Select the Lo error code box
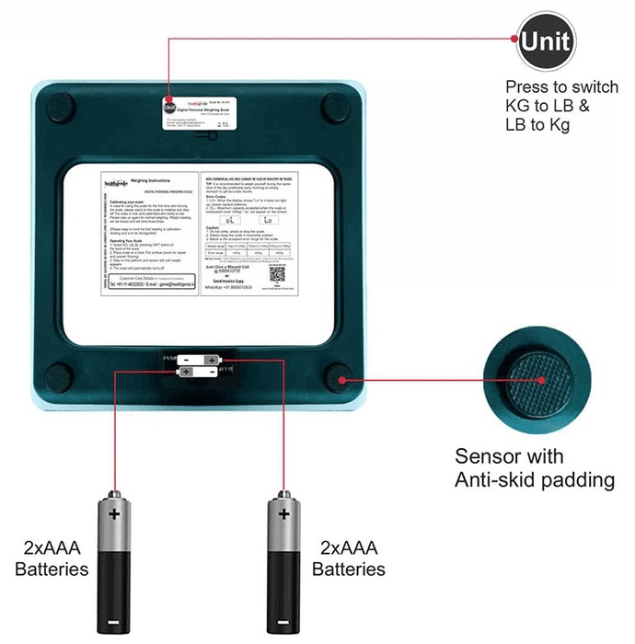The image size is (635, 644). coord(268,220)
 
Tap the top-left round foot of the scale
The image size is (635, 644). coord(58,105)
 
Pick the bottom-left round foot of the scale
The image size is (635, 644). coord(59,377)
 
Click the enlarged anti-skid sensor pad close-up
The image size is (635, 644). coord(537,378)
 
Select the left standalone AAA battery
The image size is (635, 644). coord(114,562)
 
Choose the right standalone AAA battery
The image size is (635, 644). coord(282,562)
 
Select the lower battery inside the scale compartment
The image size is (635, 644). coord(200,372)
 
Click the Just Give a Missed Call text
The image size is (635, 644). coord(236,265)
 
